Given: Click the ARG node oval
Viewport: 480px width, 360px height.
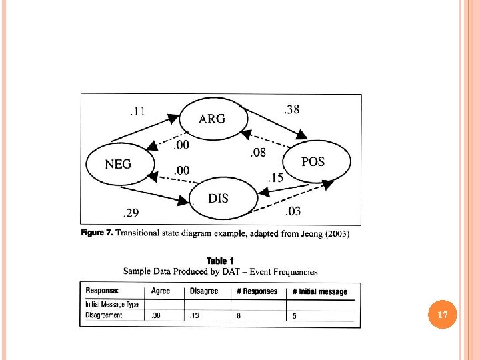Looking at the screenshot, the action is point(212,119).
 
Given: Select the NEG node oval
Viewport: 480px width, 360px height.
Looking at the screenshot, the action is point(119,163).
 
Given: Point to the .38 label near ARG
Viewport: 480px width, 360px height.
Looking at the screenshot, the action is point(291,110).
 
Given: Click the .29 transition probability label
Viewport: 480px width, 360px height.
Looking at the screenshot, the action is point(130,213).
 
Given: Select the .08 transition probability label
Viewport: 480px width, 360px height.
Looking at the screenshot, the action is point(257,153).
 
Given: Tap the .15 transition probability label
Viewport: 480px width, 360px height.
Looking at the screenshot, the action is point(275,177).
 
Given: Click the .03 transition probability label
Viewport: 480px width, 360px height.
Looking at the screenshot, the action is point(293,212).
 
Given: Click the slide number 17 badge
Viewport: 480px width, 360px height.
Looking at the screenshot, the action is point(442,313).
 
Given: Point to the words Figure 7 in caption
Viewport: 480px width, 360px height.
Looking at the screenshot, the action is point(97,233).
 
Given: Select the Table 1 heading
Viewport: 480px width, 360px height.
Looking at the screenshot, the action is point(220,261).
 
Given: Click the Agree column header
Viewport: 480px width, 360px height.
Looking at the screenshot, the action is point(161,291).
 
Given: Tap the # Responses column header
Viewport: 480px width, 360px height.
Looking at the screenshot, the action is point(257,291).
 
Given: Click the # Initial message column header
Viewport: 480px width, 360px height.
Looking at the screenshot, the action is point(320,292).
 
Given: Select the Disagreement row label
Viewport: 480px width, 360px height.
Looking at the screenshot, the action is point(104,315).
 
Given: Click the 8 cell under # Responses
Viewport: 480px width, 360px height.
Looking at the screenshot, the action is point(239,316).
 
